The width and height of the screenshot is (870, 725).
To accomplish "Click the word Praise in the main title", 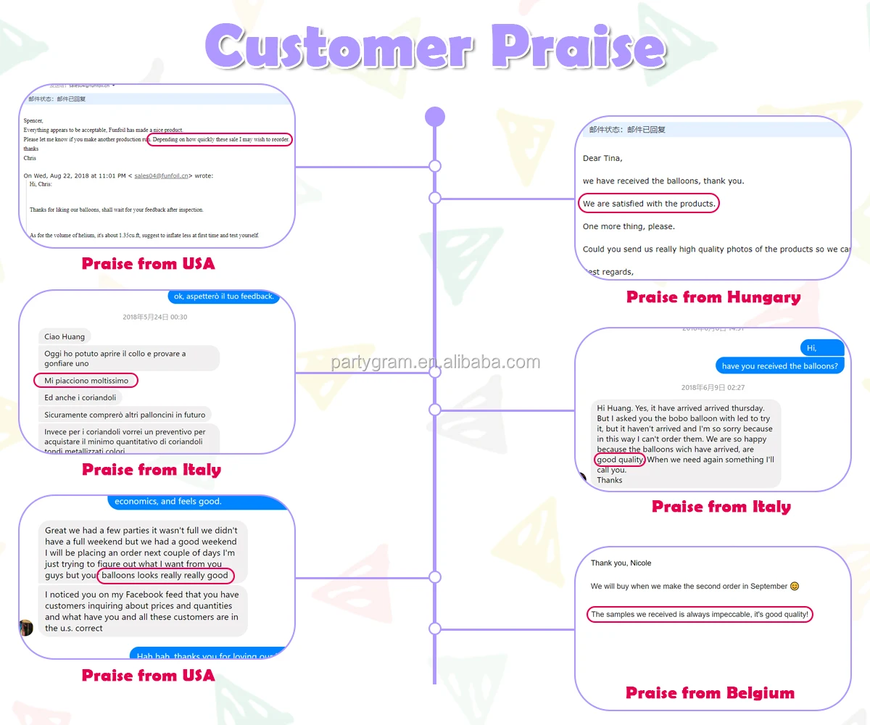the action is (x=577, y=47).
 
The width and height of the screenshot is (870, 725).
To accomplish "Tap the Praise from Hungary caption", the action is (x=713, y=297).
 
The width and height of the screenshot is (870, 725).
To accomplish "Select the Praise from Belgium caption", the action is (x=710, y=693).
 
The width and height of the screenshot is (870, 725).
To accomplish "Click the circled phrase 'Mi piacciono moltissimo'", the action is (x=86, y=381).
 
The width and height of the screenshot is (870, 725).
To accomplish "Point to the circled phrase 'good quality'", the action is (x=620, y=460).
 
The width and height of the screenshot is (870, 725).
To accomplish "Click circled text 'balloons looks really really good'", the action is (x=165, y=576).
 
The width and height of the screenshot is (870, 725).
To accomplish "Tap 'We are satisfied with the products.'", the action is (x=649, y=204).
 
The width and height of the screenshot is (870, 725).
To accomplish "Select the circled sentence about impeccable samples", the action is (x=700, y=615).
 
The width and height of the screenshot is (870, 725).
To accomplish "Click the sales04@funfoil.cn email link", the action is (x=161, y=175).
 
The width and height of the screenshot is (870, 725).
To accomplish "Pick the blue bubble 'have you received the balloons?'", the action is (x=780, y=366).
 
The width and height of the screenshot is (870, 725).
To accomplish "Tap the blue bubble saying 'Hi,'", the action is (x=812, y=348).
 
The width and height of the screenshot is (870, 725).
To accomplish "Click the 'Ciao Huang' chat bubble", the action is (x=65, y=336).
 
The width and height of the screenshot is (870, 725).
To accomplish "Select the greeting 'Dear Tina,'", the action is (x=602, y=158).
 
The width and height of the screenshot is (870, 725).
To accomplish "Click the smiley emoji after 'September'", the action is (x=795, y=586).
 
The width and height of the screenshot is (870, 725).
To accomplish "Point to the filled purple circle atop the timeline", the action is (x=434, y=117).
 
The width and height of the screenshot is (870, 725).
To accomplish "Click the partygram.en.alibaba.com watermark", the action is (x=435, y=362).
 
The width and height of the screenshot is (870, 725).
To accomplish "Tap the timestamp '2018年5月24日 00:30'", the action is (x=155, y=317).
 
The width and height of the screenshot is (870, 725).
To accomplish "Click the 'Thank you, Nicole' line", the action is (x=621, y=563).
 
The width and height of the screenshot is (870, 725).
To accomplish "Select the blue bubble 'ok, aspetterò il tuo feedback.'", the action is (x=223, y=297).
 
